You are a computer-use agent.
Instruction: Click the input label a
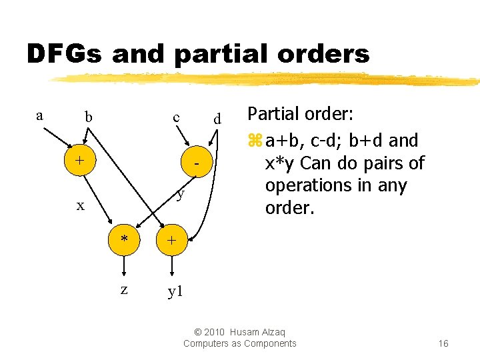pyautogui.click(x=39, y=115)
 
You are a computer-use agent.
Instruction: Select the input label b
pyautogui.click(x=88, y=118)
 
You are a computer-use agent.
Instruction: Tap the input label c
pyautogui.click(x=177, y=117)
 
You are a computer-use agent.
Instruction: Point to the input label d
pyautogui.click(x=217, y=120)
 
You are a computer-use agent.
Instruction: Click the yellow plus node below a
pyautogui.click(x=80, y=161)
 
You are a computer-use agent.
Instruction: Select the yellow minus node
pyautogui.click(x=197, y=163)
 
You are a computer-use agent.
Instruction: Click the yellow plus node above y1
pyautogui.click(x=171, y=240)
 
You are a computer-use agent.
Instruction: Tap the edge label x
pyautogui.click(x=80, y=205)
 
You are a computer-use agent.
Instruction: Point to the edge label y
pyautogui.click(x=180, y=194)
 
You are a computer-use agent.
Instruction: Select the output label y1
pyautogui.click(x=175, y=291)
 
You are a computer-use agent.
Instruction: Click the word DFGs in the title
pyautogui.click(x=64, y=54)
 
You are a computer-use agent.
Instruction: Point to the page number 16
pyautogui.click(x=443, y=343)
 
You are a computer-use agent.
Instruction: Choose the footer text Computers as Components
pyautogui.click(x=240, y=343)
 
